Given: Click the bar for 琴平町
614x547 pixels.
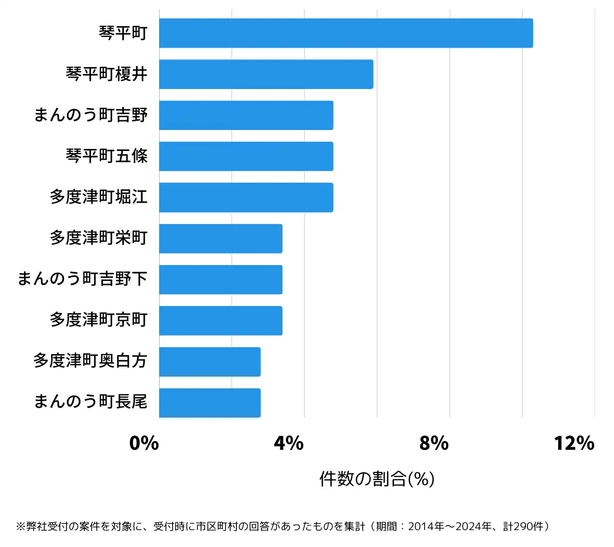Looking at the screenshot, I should [346, 33].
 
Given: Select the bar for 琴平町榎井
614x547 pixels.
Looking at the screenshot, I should [266, 74].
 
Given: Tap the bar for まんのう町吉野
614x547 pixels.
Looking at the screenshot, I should [246, 115].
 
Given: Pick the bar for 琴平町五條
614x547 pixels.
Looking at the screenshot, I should [246, 156].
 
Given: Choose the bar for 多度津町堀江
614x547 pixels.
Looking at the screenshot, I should [246, 198].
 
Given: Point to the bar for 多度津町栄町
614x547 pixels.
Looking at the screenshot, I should [221, 238].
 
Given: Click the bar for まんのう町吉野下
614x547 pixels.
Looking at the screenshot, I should [221, 279].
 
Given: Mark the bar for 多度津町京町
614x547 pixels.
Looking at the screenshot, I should [221, 321].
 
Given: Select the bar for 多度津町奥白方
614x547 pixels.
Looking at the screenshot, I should [210, 362].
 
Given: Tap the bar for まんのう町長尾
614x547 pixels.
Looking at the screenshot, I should [210, 403].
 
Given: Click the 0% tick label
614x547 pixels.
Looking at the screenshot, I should [144, 443].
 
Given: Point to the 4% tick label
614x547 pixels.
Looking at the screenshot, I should [289, 443].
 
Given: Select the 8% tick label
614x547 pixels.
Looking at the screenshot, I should [434, 443].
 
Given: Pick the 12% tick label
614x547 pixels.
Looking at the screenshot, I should [574, 443].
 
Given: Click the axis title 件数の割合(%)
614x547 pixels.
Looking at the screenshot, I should [377, 479].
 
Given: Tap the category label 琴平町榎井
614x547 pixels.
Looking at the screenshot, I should [106, 74].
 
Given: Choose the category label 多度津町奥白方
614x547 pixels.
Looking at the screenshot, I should [90, 361].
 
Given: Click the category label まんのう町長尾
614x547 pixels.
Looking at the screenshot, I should [90, 402].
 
